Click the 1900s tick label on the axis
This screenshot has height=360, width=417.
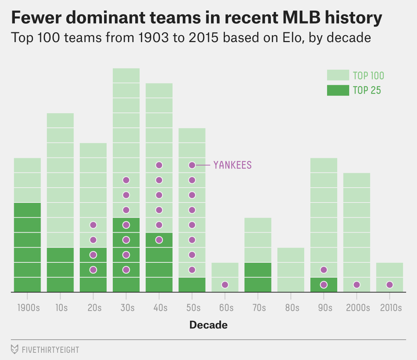[29, 308]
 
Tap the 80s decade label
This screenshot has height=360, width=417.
[292, 308]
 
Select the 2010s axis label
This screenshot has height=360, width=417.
[391, 308]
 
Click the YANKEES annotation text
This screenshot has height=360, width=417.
[232, 165]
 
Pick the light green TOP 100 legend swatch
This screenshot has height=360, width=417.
[338, 75]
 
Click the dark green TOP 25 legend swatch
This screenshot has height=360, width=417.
[338, 90]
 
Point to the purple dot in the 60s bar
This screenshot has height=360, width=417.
[225, 285]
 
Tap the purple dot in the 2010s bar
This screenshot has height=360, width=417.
[389, 285]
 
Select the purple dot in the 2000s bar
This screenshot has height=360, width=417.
[357, 285]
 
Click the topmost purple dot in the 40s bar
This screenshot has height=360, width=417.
[159, 165]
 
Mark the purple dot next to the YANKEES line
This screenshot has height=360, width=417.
[192, 165]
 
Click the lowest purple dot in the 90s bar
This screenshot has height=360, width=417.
[324, 285]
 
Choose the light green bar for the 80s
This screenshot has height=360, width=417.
[291, 269]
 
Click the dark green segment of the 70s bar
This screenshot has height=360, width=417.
[258, 277]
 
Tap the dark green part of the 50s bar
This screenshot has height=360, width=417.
[192, 285]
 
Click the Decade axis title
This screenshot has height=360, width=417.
[208, 325]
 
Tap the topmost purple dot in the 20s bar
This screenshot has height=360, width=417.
[93, 225]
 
